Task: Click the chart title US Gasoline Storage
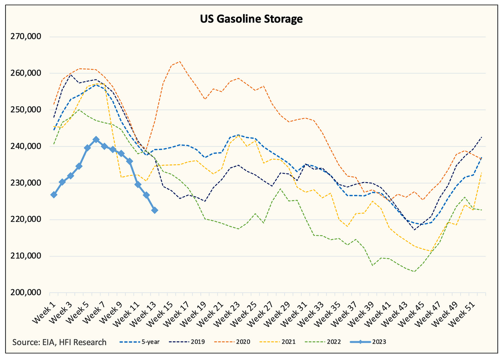point(252,19)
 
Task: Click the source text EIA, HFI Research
point(59,342)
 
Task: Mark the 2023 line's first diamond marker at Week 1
point(54,195)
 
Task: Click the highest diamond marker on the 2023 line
point(96,140)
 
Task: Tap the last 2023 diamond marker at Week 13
point(155,210)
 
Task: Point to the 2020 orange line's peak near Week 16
point(180,61)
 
